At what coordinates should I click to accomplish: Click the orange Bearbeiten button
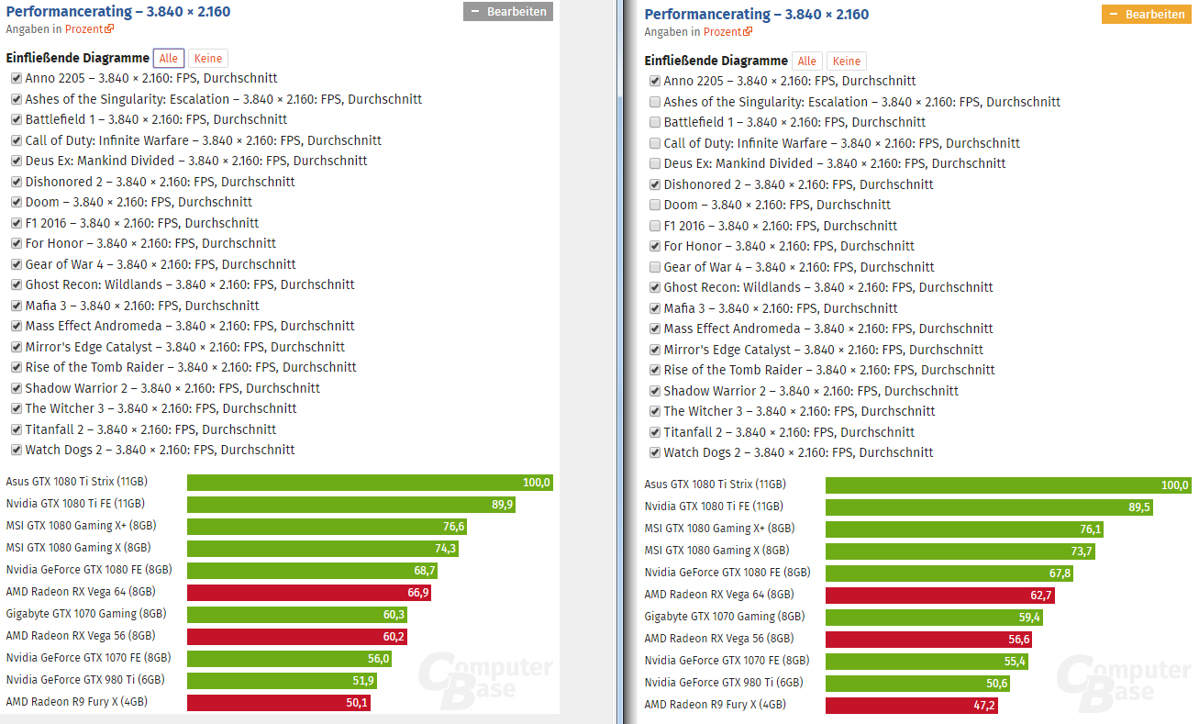[x=1146, y=15]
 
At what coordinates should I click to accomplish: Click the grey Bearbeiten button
[x=508, y=12]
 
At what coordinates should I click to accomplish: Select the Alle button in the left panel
[x=169, y=59]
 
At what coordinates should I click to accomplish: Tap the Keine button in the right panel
[x=846, y=61]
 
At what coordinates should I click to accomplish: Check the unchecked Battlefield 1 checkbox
[x=655, y=122]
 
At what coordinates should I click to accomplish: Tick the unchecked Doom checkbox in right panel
[x=655, y=205]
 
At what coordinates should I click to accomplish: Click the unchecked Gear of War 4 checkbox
[x=655, y=267]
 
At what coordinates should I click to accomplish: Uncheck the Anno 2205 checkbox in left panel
[x=17, y=78]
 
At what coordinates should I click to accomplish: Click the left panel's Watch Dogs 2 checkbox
[x=17, y=450]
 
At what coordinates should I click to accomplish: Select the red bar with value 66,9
[x=309, y=592]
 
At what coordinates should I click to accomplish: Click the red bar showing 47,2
[x=912, y=706]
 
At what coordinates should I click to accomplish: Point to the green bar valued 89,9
[x=351, y=505]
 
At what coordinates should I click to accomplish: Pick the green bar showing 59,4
[x=934, y=618]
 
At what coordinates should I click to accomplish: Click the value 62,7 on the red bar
[x=1040, y=596]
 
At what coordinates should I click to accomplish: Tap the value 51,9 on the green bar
[x=363, y=681]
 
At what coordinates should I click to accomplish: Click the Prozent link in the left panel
[x=84, y=29]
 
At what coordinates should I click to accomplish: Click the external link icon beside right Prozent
[x=748, y=31]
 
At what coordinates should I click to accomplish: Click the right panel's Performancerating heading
[x=756, y=14]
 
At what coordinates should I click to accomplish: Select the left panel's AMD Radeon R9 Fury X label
[x=76, y=701]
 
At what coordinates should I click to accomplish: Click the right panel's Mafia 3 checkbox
[x=655, y=308]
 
